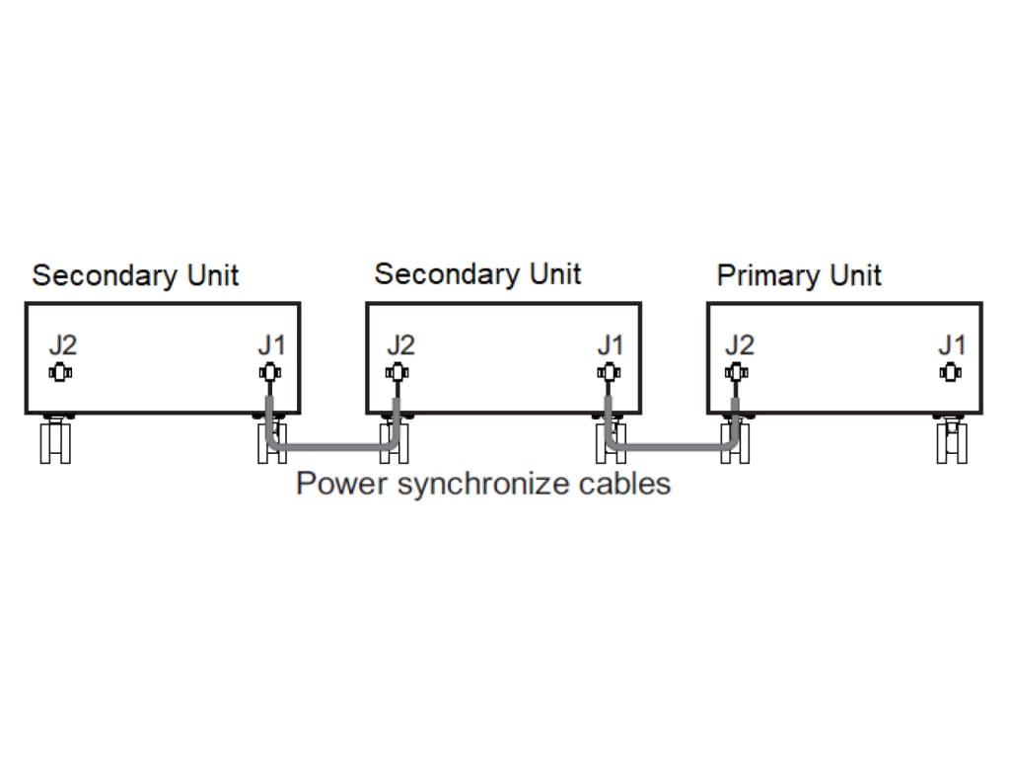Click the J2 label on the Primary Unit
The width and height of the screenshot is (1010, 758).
[739, 345]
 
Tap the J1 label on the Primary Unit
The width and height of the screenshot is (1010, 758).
[951, 345]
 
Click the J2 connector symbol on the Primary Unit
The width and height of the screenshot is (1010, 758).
[735, 372]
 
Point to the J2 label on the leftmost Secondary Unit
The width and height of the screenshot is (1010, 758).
[62, 345]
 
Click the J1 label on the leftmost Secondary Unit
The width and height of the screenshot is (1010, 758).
[271, 345]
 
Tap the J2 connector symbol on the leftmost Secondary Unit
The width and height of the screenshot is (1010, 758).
[59, 372]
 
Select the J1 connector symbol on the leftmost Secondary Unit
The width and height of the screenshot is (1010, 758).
[268, 372]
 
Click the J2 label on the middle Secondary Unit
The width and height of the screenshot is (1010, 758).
[399, 345]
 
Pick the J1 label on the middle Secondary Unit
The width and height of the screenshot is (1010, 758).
[611, 345]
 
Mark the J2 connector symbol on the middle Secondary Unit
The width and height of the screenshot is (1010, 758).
[397, 372]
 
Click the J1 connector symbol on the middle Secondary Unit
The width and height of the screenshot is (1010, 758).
[608, 372]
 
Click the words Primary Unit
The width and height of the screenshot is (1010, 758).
[798, 275]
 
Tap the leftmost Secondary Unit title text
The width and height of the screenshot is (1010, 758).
[135, 275]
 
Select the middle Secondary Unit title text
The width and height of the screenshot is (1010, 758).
[477, 274]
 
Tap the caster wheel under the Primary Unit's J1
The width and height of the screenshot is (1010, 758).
[951, 439]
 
